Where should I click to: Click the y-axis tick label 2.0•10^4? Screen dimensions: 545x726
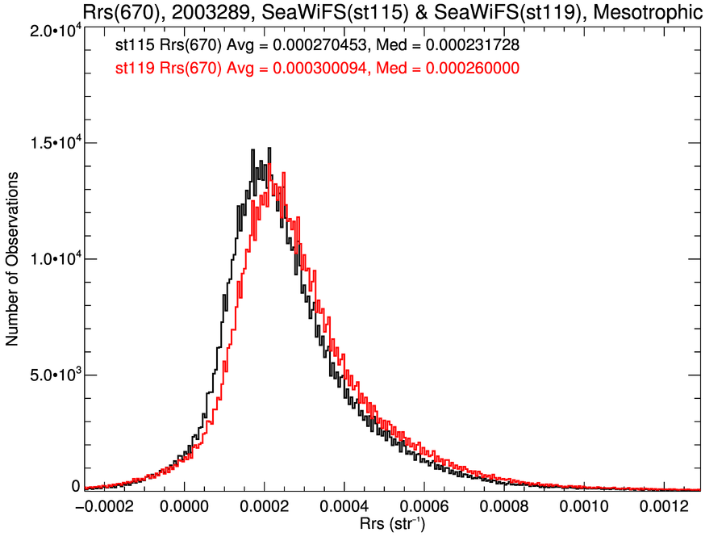52,30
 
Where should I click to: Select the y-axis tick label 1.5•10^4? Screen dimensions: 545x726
52,144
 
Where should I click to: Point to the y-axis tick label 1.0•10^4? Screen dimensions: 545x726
52,260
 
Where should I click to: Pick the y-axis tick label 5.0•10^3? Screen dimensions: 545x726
52,375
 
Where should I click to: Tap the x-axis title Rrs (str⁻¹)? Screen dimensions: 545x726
392,525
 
